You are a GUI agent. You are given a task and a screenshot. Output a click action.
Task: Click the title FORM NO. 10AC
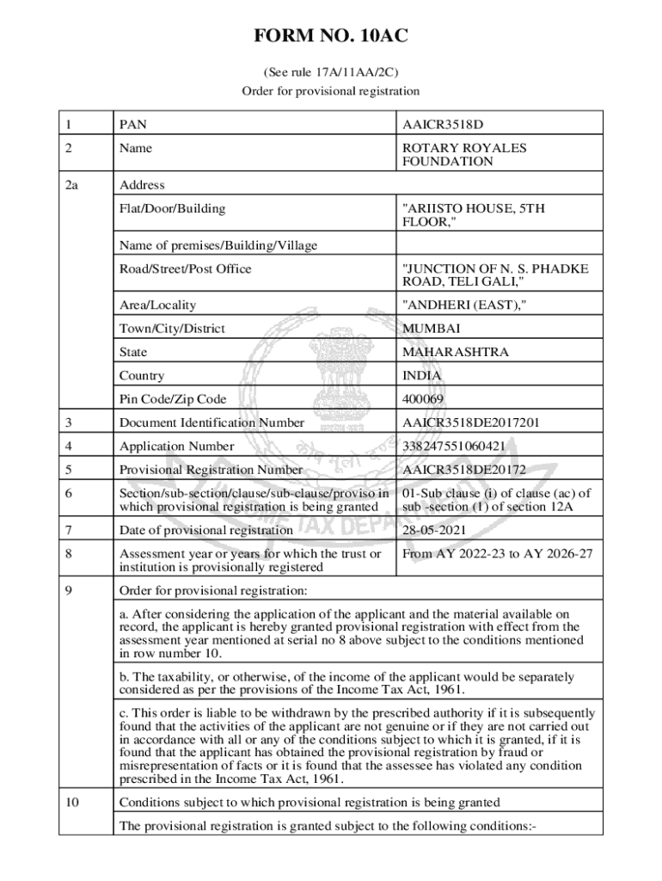330,36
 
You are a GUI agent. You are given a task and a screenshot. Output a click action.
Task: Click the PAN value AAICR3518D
450,125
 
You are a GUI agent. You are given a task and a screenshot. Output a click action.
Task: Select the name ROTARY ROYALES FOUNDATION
464,155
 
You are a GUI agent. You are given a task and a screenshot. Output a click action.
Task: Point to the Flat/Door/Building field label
173,208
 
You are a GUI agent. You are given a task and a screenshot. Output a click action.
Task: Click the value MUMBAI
431,329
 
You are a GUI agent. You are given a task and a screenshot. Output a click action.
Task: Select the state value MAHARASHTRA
455,352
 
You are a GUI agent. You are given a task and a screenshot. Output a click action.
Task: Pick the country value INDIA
422,376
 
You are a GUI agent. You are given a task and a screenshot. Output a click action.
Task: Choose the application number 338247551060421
465,447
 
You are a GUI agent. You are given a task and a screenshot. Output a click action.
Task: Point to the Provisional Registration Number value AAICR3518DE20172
476,470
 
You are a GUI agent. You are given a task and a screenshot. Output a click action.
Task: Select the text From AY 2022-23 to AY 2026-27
497,554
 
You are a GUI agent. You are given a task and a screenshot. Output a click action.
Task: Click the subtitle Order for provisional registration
330,90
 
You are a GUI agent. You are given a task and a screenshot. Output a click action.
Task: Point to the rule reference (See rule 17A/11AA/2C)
330,72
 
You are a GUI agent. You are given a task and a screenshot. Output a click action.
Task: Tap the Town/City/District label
172,329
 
